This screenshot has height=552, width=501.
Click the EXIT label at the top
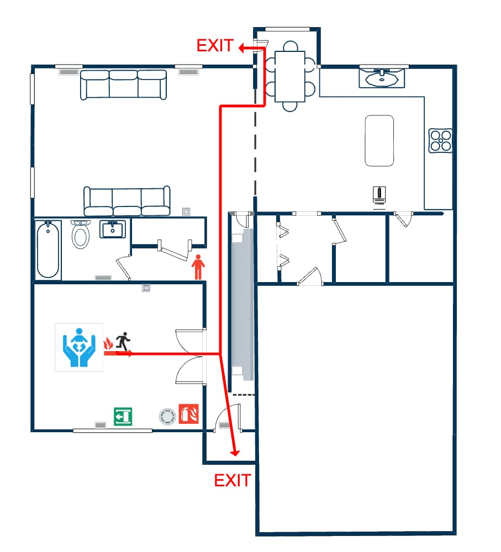(215, 45)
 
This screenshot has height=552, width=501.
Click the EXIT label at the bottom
(233, 481)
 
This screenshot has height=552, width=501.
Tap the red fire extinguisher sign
(189, 413)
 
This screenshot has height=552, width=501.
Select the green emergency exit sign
(123, 416)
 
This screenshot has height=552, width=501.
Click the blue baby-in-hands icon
(79, 347)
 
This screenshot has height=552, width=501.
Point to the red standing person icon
(198, 267)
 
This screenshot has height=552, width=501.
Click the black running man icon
(123, 341)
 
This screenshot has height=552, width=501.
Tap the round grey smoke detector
(167, 416)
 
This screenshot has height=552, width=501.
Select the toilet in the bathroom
(81, 234)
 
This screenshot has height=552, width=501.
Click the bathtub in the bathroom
(48, 250)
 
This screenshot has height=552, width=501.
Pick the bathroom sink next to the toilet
(113, 229)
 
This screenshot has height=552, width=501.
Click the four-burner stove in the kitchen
(440, 140)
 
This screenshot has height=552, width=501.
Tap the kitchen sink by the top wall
(382, 78)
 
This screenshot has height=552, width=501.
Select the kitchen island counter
(379, 140)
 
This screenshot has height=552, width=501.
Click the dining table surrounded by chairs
(290, 76)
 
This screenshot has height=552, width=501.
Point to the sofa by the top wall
(123, 85)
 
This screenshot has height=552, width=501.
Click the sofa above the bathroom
(127, 201)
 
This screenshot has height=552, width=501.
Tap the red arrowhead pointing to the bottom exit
(235, 453)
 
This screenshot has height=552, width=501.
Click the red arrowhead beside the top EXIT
(242, 47)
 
